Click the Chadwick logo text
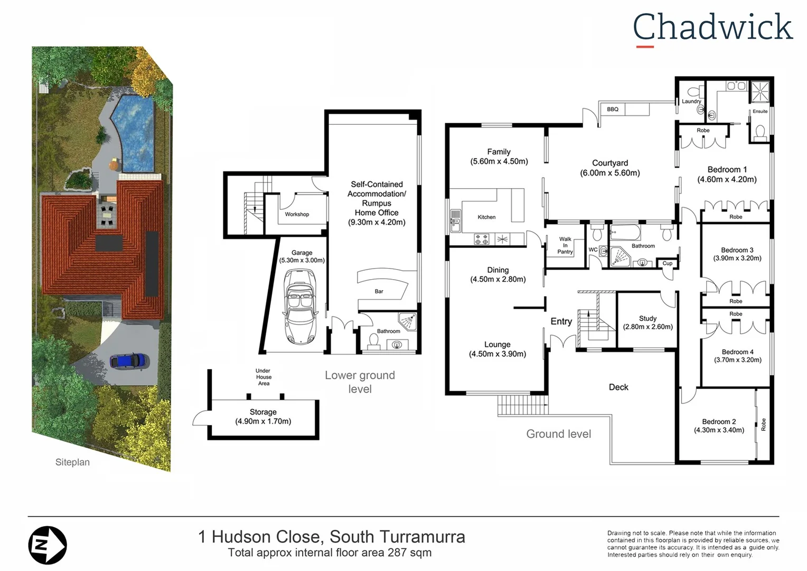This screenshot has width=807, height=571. [x=712, y=27]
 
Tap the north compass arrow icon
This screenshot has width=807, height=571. [x=48, y=545]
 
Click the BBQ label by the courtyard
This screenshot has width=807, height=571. [x=613, y=109]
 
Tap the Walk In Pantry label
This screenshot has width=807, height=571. [x=565, y=246]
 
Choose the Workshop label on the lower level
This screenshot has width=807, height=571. [x=297, y=214]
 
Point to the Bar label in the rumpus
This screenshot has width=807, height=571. [x=379, y=291]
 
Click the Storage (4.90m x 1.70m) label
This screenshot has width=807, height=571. [x=263, y=417]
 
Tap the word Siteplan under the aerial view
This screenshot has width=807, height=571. [x=72, y=462]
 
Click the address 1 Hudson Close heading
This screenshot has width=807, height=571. [x=331, y=537]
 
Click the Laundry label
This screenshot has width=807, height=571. [x=691, y=102]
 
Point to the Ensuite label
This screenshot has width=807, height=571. [x=760, y=112]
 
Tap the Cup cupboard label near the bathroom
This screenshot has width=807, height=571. [x=668, y=263]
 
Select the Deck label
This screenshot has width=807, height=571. [x=618, y=387]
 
